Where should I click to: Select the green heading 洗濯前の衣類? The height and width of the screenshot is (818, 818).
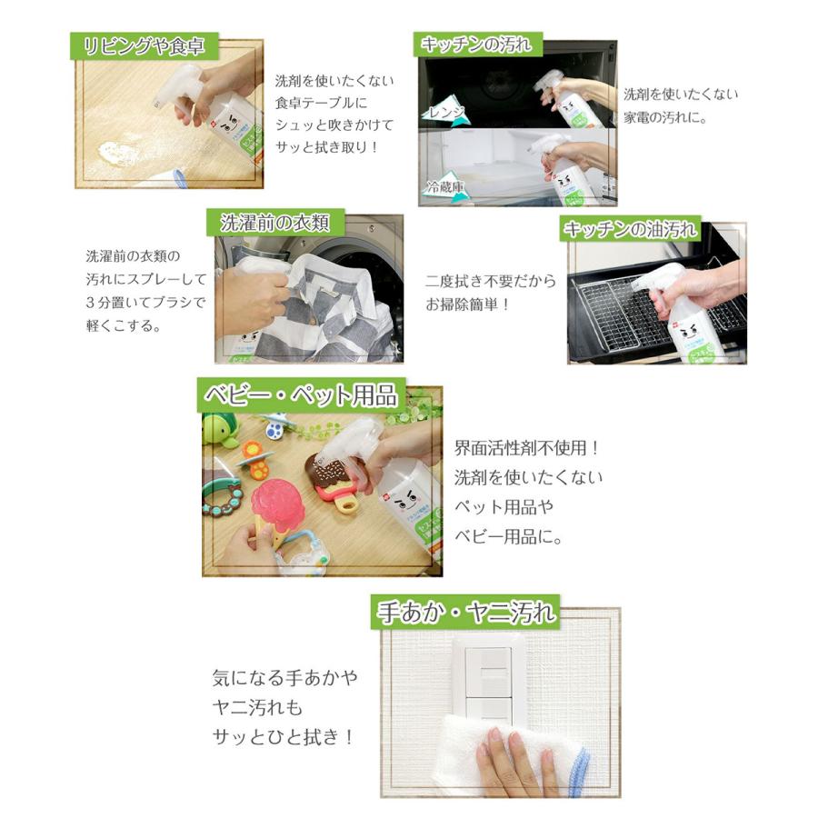click(274, 222)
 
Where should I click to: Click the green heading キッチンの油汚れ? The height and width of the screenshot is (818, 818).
click(631, 229)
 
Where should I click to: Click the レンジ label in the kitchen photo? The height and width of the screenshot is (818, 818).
click(446, 112)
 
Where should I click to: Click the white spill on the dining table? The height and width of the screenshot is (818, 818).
click(117, 153)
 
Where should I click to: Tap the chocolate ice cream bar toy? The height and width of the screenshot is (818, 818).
click(332, 482)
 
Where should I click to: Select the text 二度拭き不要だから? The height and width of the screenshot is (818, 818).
click(490, 282)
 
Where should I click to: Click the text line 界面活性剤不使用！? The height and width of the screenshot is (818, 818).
click(527, 449)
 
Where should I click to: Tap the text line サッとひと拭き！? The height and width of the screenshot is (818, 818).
click(282, 737)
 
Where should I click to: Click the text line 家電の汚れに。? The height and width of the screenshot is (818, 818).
click(664, 117)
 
